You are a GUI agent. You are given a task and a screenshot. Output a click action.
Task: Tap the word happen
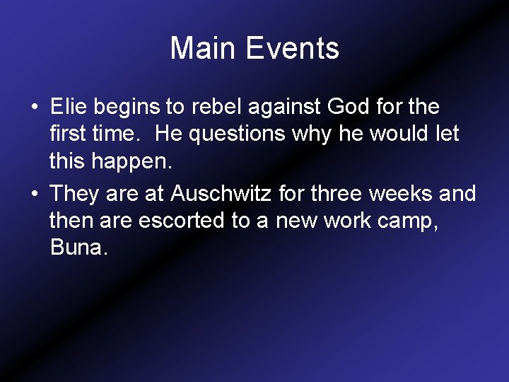click(x=132, y=163)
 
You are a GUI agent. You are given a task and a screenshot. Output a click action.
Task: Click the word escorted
click(x=182, y=221)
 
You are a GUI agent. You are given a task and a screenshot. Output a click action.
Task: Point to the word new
click(x=297, y=221)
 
